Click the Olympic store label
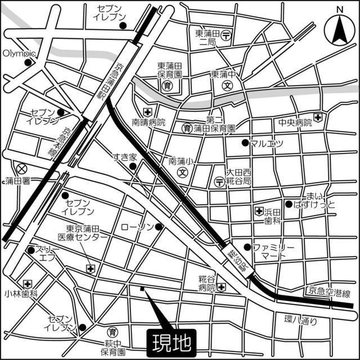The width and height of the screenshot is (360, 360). [19, 53]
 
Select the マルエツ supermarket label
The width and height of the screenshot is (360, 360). [267, 143]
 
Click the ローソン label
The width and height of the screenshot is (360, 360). [137, 227]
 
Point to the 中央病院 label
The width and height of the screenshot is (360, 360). [295, 122]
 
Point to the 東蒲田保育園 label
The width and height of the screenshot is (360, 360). [169, 70]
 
